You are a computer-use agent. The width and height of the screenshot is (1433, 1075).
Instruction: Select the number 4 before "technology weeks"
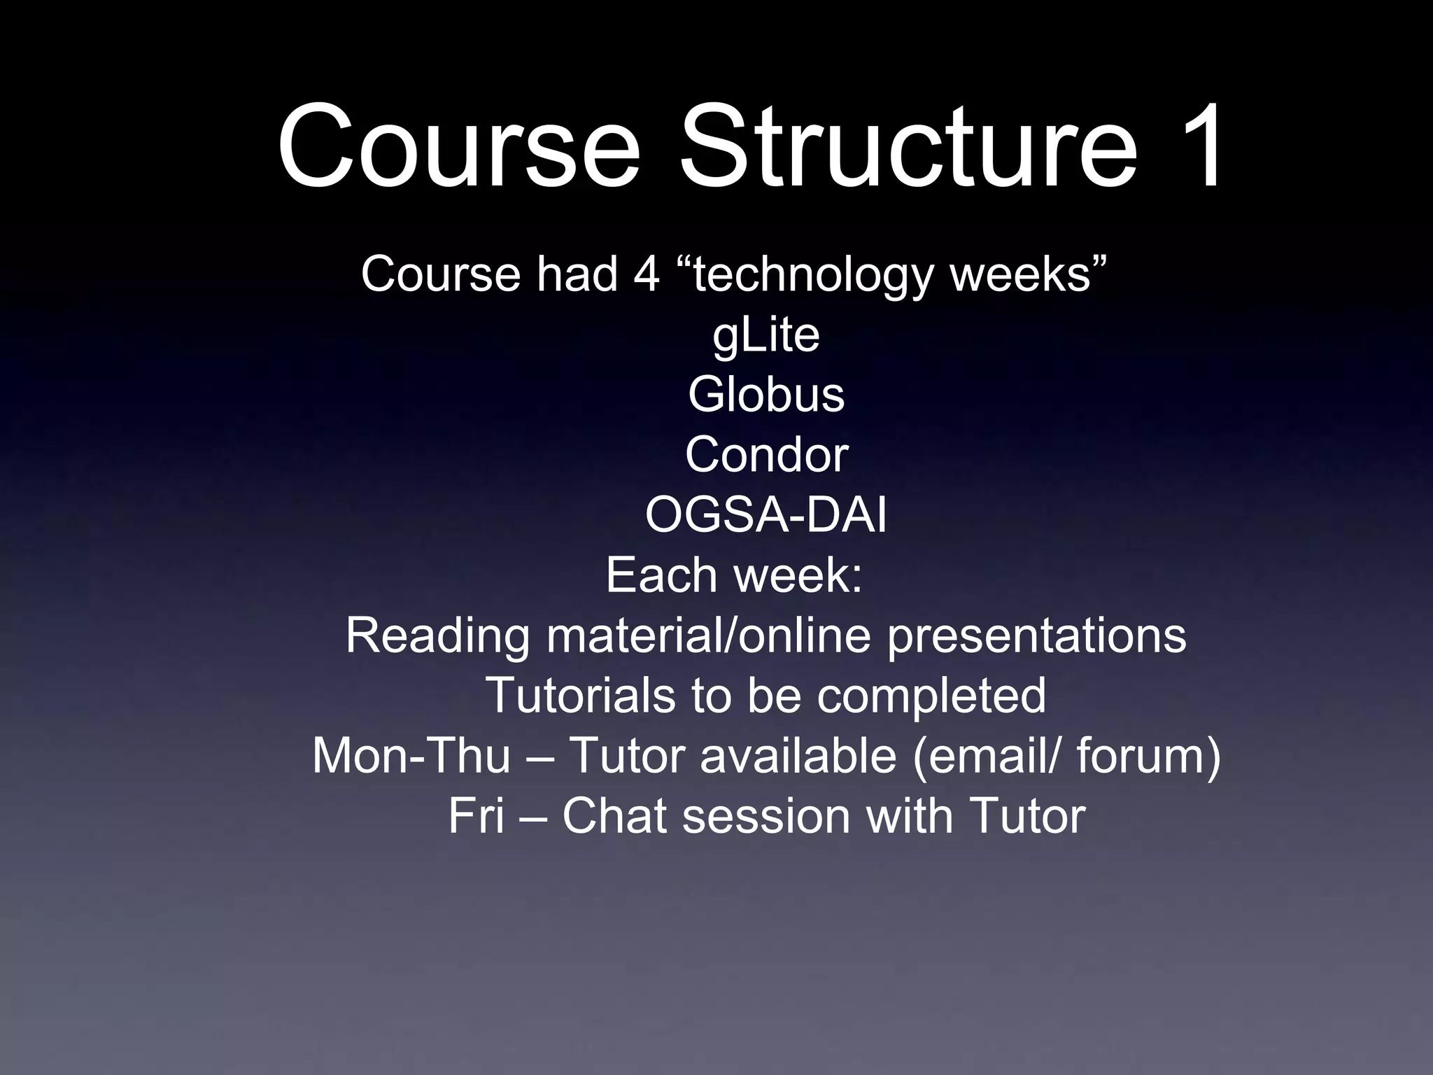pyautogui.click(x=647, y=274)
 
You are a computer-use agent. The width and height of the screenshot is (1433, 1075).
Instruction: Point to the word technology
pyautogui.click(x=812, y=275)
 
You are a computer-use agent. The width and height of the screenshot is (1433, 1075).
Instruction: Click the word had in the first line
pyautogui.click(x=577, y=274)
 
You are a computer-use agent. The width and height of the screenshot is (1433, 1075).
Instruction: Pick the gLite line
pyautogui.click(x=766, y=335)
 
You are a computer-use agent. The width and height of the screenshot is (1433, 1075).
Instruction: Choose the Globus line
pyautogui.click(x=766, y=395)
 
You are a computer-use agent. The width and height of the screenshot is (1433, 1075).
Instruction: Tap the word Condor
pyautogui.click(x=766, y=455)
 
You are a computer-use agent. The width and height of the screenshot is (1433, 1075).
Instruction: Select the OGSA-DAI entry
pyautogui.click(x=766, y=516)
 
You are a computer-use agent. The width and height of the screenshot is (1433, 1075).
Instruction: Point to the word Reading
pyautogui.click(x=437, y=637)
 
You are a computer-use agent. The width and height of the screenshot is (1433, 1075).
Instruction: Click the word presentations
pyautogui.click(x=1037, y=637)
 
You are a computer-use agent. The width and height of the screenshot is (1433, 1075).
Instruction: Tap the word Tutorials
pyautogui.click(x=581, y=696)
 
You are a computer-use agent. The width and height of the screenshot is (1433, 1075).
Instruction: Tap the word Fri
pyautogui.click(x=476, y=816)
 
